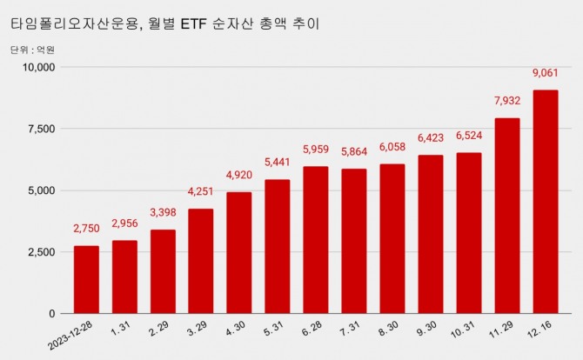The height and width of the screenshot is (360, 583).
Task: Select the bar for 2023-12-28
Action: point(86,279)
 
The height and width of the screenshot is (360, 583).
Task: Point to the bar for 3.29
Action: point(201,261)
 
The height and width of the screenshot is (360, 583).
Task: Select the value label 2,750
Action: point(86,229)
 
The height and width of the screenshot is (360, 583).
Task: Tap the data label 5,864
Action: point(354,151)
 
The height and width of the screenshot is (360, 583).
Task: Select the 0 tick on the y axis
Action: point(52,314)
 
